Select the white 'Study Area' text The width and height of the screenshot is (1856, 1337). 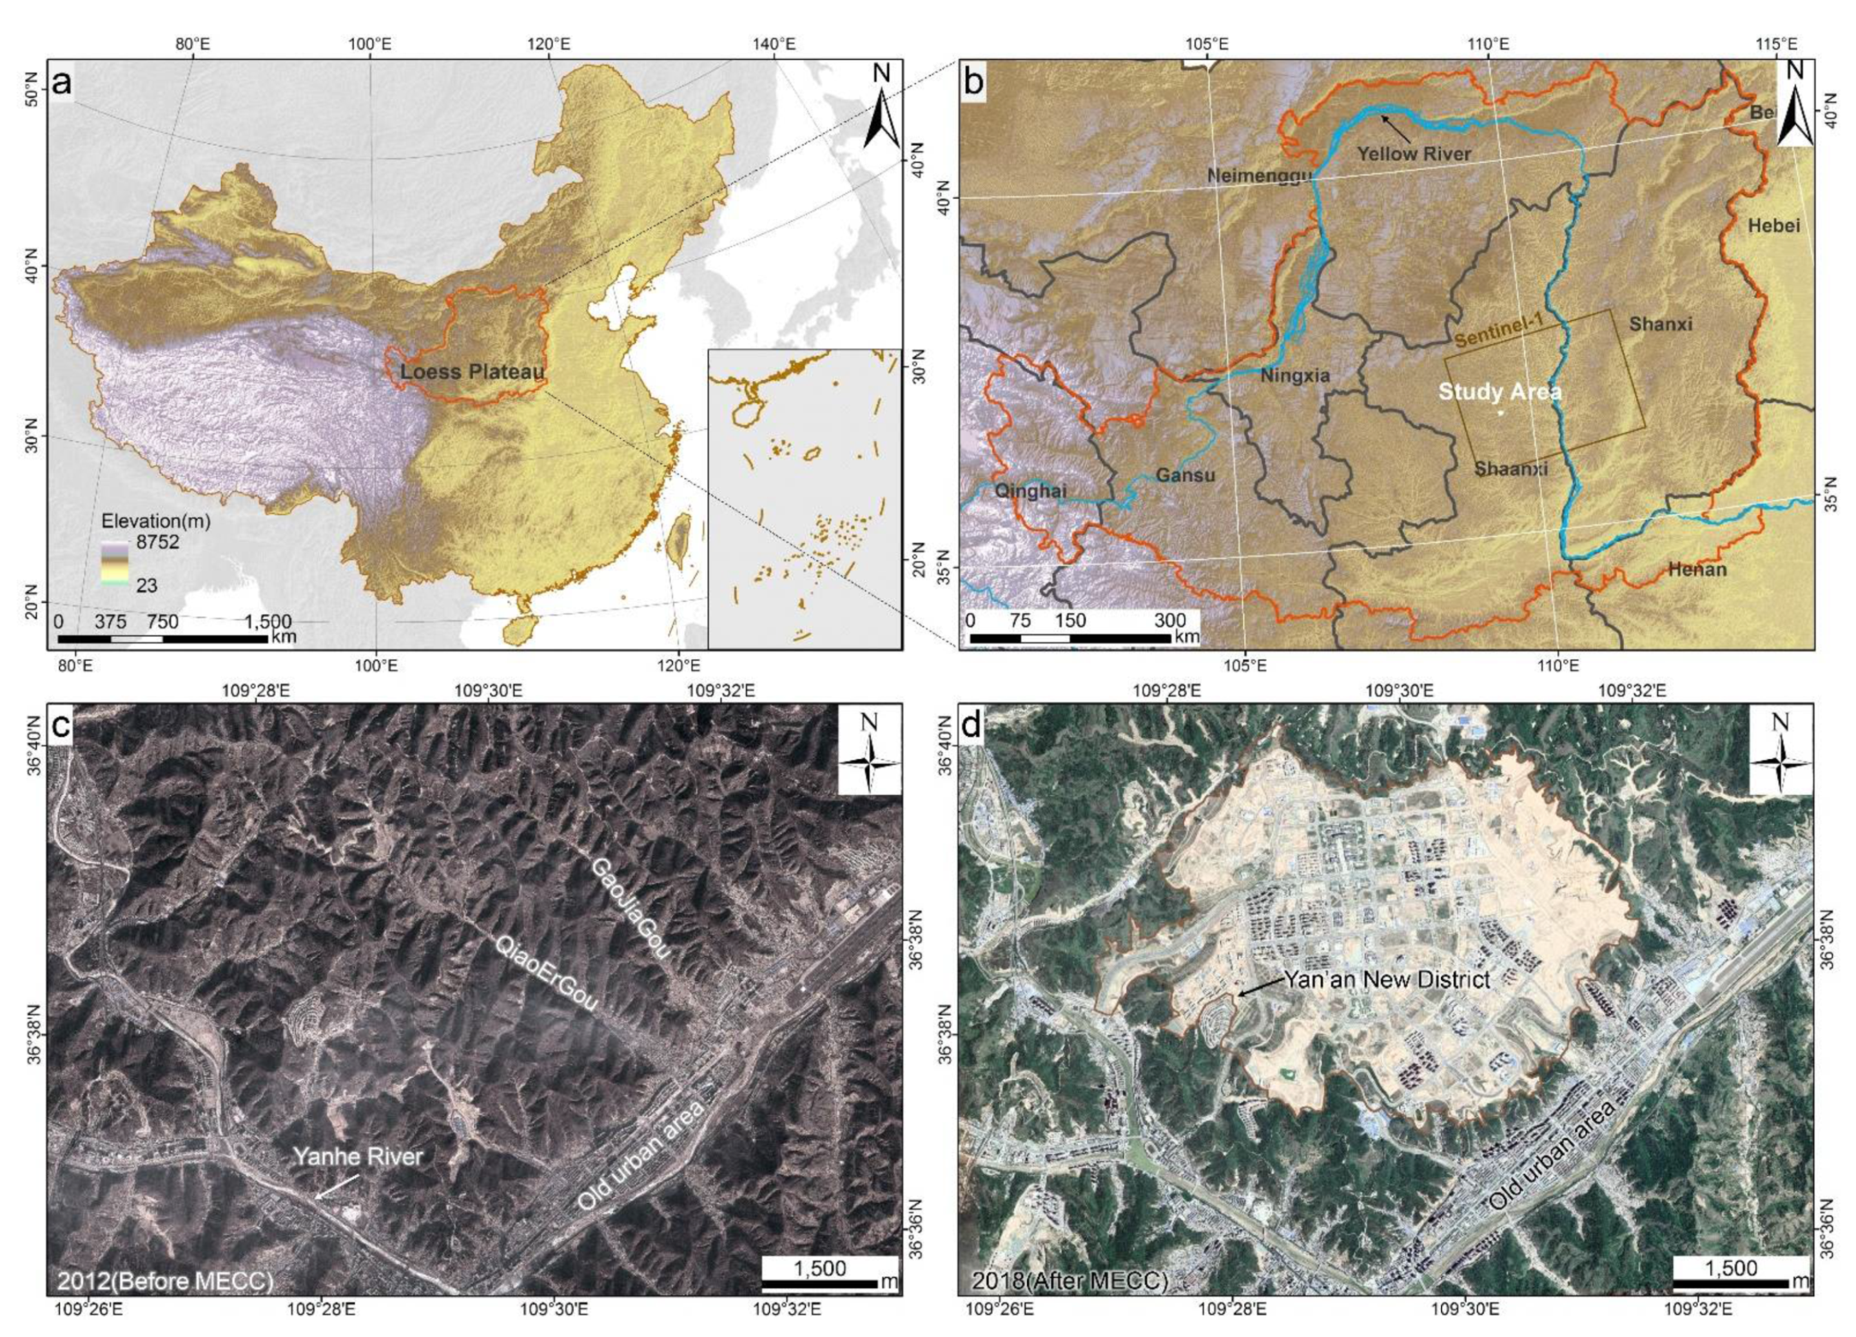pyautogui.click(x=1499, y=392)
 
